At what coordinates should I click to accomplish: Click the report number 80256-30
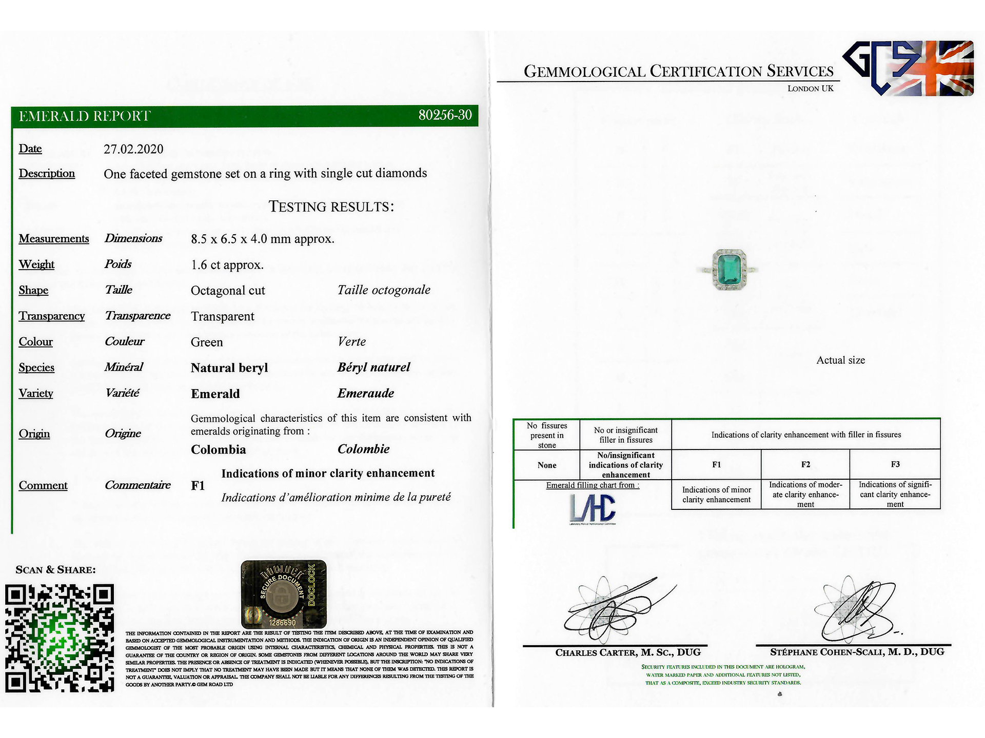click(x=445, y=115)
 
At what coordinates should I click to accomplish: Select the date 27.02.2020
click(x=133, y=149)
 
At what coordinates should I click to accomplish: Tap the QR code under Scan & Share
click(x=60, y=638)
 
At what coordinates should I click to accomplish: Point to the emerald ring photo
click(x=728, y=270)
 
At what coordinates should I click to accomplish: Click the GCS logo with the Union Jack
click(x=908, y=68)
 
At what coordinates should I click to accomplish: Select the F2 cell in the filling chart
click(x=805, y=464)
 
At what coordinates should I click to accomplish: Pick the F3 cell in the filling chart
click(x=895, y=464)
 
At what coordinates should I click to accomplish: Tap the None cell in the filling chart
click(x=547, y=465)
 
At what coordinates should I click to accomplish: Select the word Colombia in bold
click(x=219, y=450)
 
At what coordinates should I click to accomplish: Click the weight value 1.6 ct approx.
click(x=227, y=265)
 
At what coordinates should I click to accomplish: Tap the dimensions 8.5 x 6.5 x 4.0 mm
click(x=262, y=239)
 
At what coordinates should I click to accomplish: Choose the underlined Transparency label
click(x=52, y=316)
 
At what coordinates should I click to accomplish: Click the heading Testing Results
click(x=331, y=207)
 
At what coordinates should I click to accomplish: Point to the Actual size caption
click(x=840, y=360)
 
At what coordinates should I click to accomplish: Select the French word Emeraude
click(x=366, y=394)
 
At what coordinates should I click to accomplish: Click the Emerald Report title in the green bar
click(x=85, y=116)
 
